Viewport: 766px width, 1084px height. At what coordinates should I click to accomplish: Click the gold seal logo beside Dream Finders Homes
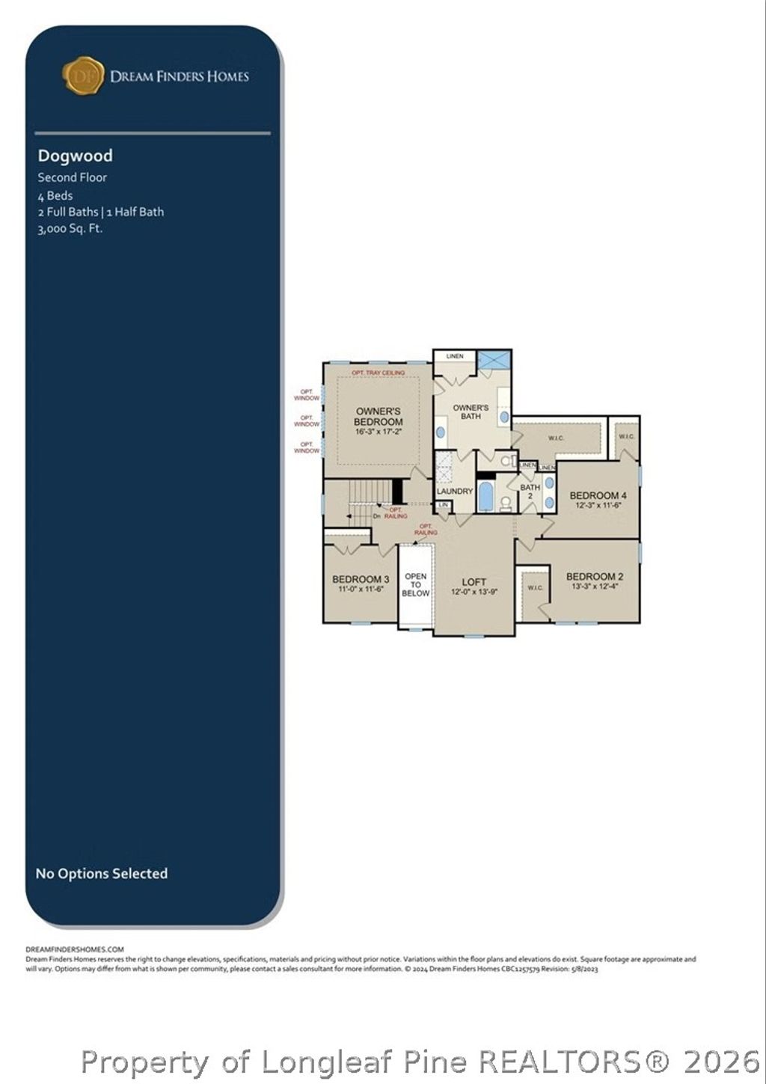point(82,76)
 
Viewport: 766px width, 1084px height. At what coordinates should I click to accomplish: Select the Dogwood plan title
point(76,156)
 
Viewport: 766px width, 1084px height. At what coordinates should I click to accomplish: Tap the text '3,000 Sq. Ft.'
point(70,229)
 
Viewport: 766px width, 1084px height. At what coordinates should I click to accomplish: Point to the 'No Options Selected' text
point(102,873)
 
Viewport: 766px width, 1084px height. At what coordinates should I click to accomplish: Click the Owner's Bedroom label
point(378,417)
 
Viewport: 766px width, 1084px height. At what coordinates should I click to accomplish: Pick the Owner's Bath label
point(471,411)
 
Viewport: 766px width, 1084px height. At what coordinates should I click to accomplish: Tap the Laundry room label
point(455,492)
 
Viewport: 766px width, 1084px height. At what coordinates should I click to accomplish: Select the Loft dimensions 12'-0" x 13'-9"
point(474,592)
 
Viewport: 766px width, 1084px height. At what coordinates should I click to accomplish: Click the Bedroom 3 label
point(361,579)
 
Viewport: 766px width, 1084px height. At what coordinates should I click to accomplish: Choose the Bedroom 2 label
point(595,576)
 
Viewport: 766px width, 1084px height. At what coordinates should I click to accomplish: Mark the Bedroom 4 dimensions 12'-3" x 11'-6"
point(598,506)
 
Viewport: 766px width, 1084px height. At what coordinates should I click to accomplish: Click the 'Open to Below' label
point(415,585)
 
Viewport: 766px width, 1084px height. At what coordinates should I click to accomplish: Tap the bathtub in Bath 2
point(485,496)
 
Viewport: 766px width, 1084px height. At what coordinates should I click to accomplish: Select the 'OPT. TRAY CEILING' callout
point(379,373)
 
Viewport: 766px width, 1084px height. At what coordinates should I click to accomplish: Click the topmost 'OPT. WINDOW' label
point(307,394)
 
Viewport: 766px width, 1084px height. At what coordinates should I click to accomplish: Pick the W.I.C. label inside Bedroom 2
point(536,588)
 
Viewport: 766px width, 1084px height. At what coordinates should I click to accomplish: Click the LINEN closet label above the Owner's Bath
point(455,356)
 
